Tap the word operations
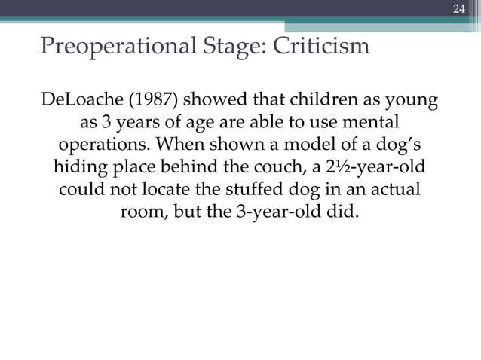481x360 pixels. tap(98, 144)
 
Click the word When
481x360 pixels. tap(175, 144)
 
